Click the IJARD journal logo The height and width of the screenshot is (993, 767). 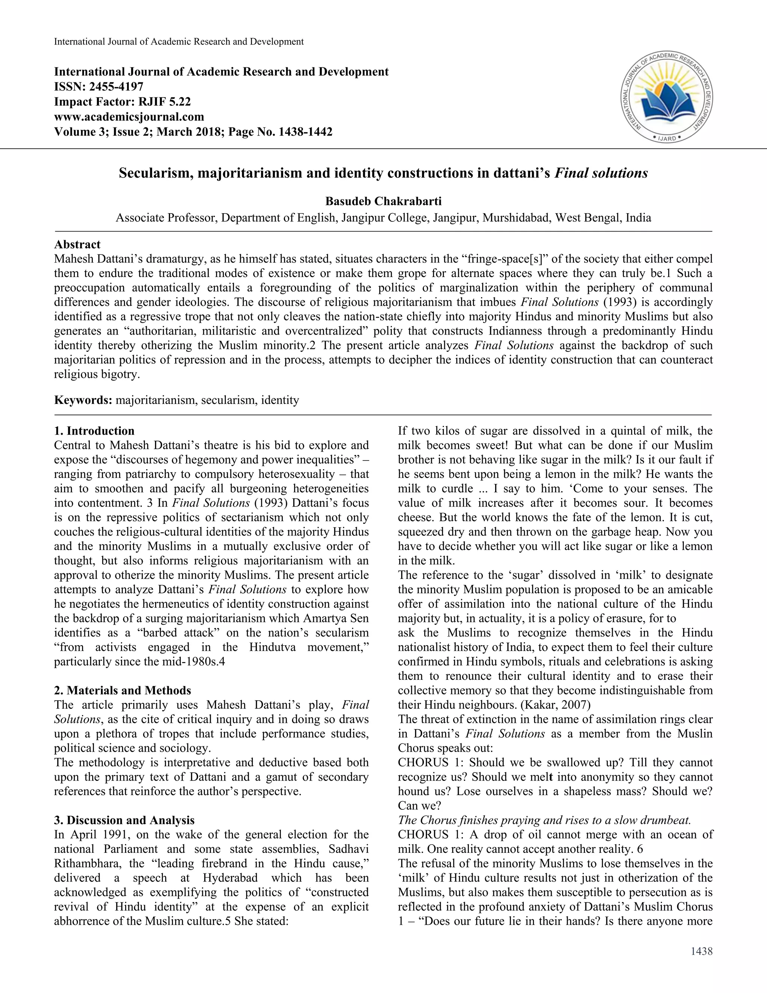click(x=666, y=97)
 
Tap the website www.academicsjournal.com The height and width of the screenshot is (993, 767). click(x=129, y=117)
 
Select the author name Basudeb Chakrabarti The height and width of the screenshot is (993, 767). click(x=383, y=201)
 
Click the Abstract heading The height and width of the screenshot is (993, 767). click(x=77, y=245)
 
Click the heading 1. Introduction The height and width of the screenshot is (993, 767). click(x=94, y=431)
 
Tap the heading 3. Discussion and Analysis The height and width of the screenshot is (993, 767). click(x=124, y=820)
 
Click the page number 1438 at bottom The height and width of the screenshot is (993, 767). click(x=701, y=951)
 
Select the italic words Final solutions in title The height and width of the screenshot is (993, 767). click(x=601, y=173)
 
